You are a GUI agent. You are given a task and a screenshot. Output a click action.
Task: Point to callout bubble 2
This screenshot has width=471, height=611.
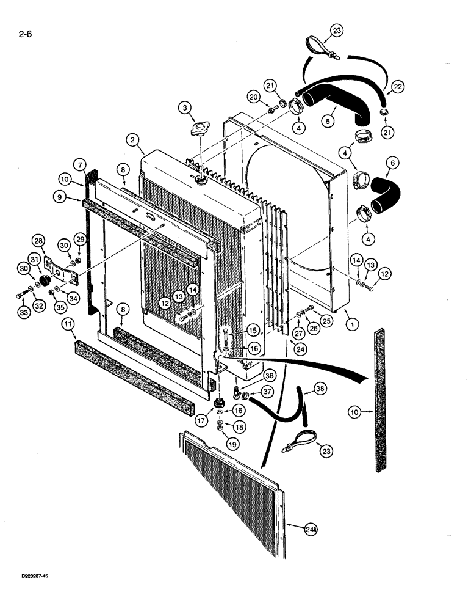[x=132, y=140]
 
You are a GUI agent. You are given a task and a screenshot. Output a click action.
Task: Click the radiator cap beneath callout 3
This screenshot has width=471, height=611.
[x=200, y=130]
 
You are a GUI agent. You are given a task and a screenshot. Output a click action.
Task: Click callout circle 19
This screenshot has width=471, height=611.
[x=231, y=444]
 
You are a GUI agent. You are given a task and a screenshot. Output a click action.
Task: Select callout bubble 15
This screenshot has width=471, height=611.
[x=251, y=331]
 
